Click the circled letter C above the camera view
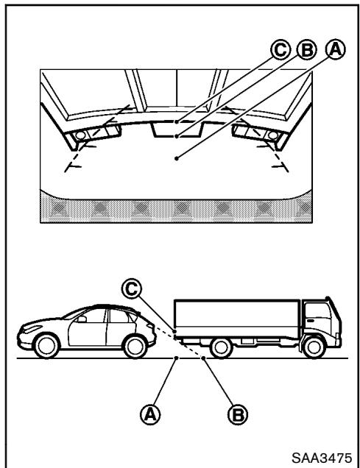[x=280, y=49]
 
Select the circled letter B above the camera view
[x=306, y=49]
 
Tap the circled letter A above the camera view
[x=336, y=49]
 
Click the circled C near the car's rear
[x=131, y=288]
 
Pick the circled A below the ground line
[x=150, y=414]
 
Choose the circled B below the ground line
[x=238, y=414]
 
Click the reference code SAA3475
[x=322, y=458]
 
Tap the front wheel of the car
[x=46, y=346]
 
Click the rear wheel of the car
[x=135, y=346]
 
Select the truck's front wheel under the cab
[x=314, y=348]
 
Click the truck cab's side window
[x=319, y=315]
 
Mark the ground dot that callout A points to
[x=177, y=358]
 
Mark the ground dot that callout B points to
[x=203, y=358]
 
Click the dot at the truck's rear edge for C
[x=174, y=331]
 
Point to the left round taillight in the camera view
[x=80, y=135]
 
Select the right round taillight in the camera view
[x=272, y=135]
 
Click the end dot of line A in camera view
[x=177, y=158]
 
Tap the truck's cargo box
[x=236, y=319]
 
